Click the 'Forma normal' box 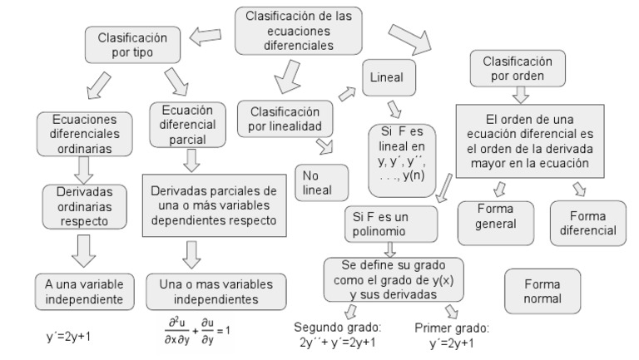[x=542, y=290]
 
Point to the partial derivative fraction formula [x=198, y=329]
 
